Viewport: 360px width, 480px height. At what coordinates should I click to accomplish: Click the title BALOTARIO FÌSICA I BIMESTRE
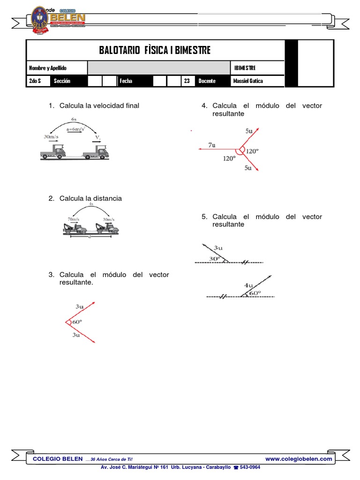point(155,50)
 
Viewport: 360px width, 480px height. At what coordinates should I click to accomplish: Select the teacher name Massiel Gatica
point(248,81)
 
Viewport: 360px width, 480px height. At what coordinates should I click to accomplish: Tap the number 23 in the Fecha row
point(187,81)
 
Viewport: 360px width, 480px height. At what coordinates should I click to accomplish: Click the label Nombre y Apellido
point(47,68)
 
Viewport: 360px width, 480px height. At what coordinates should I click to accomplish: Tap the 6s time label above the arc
point(74,120)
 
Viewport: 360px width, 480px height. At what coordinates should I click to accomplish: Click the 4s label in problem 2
point(91,205)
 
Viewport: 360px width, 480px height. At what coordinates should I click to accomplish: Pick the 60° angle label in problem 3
point(76,322)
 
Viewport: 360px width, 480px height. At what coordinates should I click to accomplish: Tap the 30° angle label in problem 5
point(214,258)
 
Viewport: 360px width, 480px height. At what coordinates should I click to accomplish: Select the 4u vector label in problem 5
point(248,285)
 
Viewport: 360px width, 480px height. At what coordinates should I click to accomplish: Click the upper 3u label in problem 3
point(79,307)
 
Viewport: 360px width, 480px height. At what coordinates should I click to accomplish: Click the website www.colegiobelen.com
point(299,459)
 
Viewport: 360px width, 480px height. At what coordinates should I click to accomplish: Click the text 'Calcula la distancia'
point(90,198)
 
